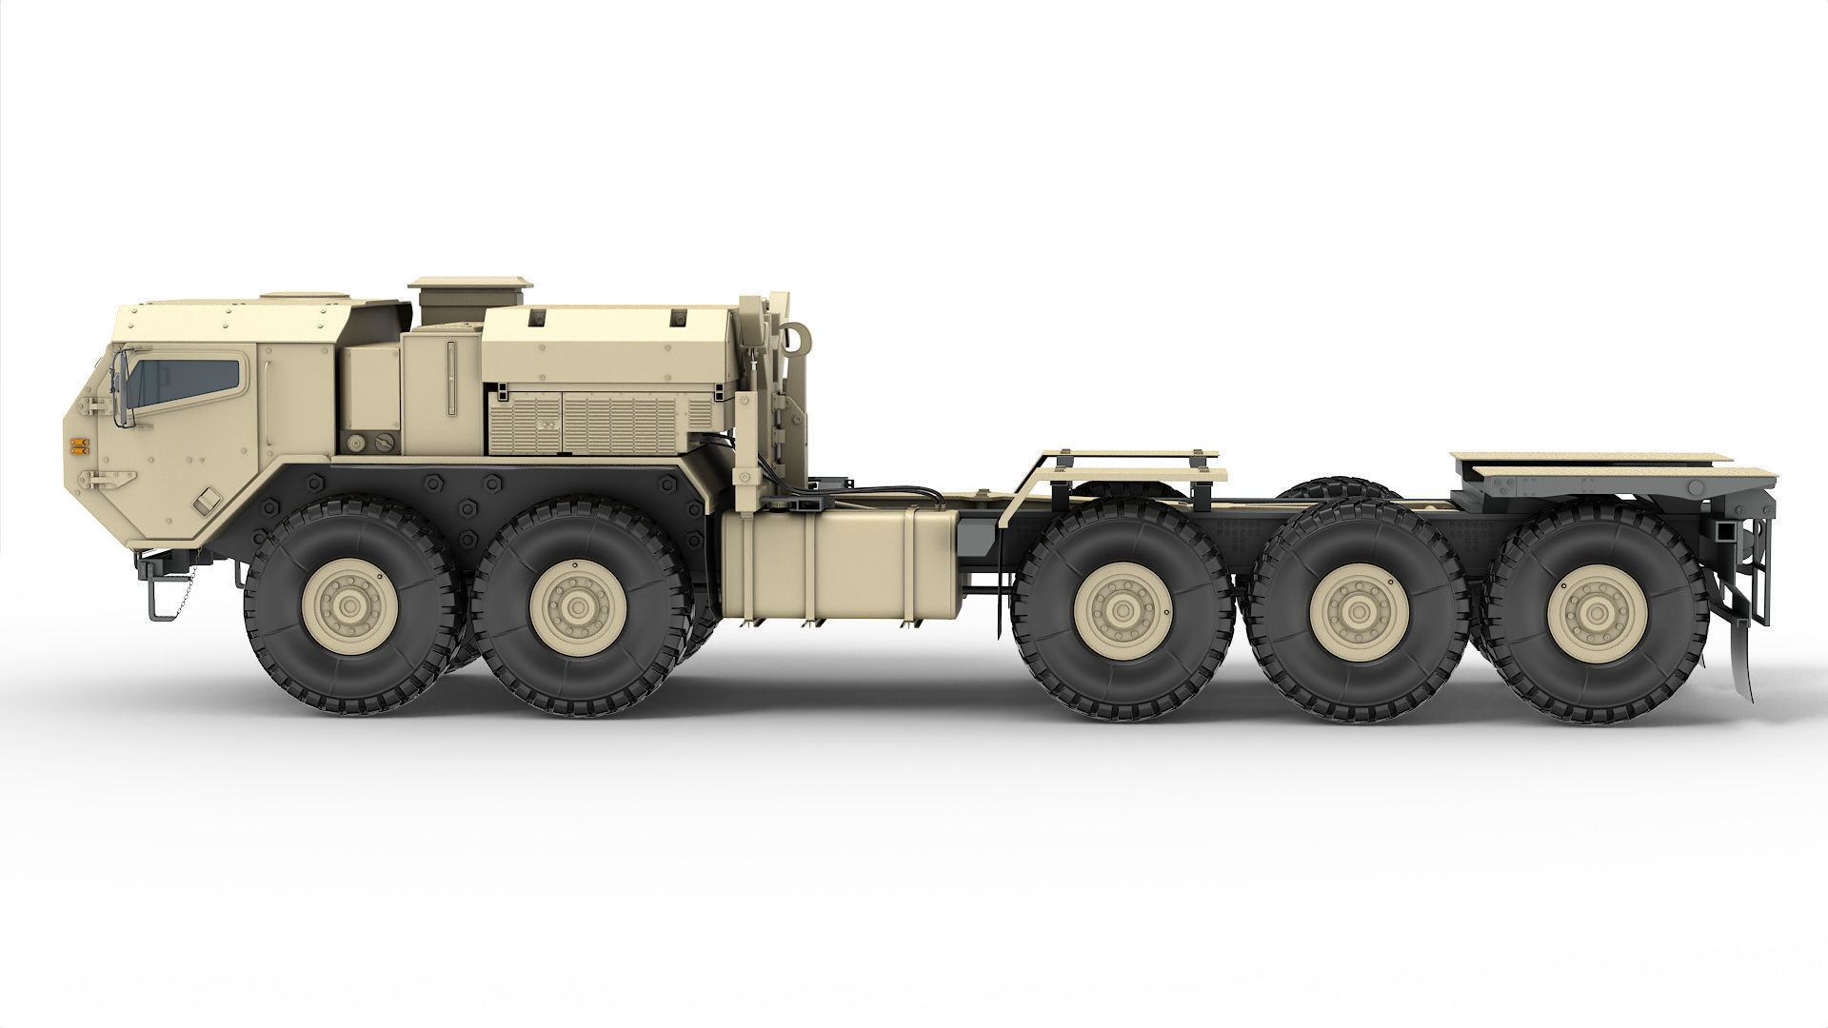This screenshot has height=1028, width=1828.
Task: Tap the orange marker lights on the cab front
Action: pyautogui.click(x=79, y=445)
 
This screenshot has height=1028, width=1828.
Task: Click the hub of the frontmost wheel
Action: pyautogui.click(x=346, y=606)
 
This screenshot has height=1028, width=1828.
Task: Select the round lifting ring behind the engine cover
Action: pyautogui.click(x=796, y=336)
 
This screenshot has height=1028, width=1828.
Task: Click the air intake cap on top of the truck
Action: pyautogui.click(x=470, y=284)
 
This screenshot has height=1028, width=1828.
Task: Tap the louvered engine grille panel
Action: pyautogui.click(x=600, y=420)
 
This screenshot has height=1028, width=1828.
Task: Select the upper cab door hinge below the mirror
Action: pyautogui.click(x=94, y=407)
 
